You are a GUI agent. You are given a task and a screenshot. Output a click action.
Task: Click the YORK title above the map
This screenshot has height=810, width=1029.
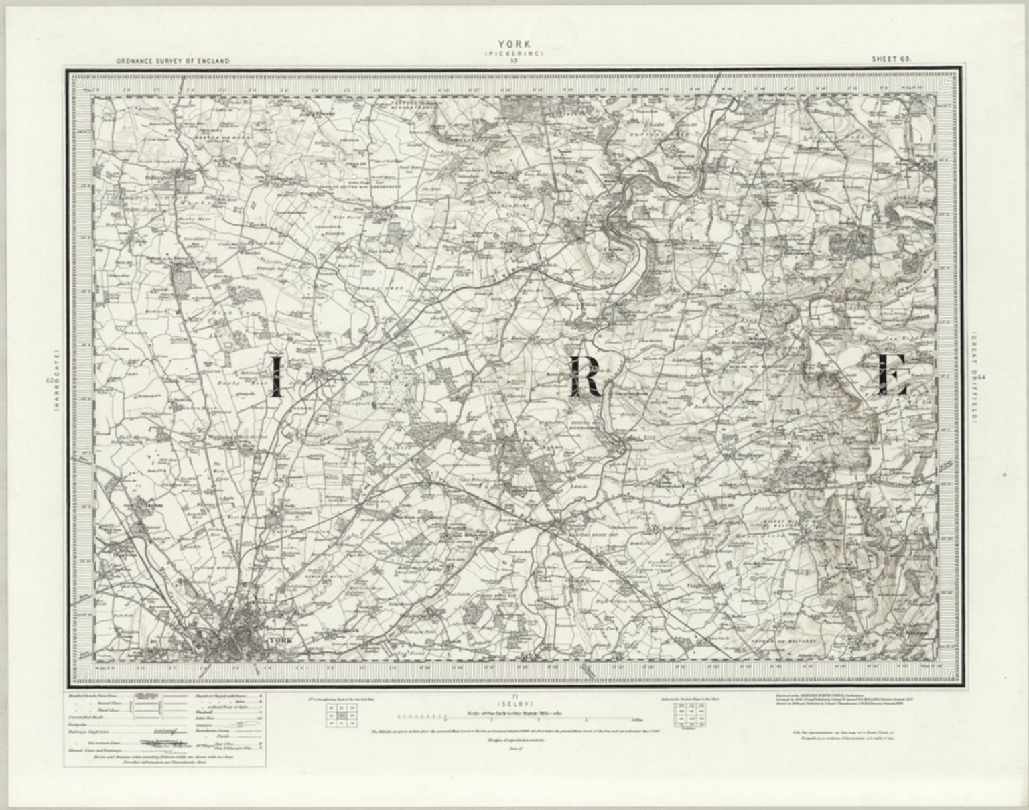coord(514,46)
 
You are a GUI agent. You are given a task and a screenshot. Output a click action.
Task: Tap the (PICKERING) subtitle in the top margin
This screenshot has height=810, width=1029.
coord(514,53)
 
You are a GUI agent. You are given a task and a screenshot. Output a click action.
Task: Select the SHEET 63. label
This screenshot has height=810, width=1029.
coord(892,59)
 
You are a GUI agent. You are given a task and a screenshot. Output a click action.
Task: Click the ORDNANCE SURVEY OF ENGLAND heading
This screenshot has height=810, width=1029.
coord(172,61)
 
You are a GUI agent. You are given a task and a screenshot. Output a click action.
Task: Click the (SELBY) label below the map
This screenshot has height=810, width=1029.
coord(514,705)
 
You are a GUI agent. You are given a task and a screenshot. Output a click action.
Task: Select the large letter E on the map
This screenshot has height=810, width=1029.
coord(892,375)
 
